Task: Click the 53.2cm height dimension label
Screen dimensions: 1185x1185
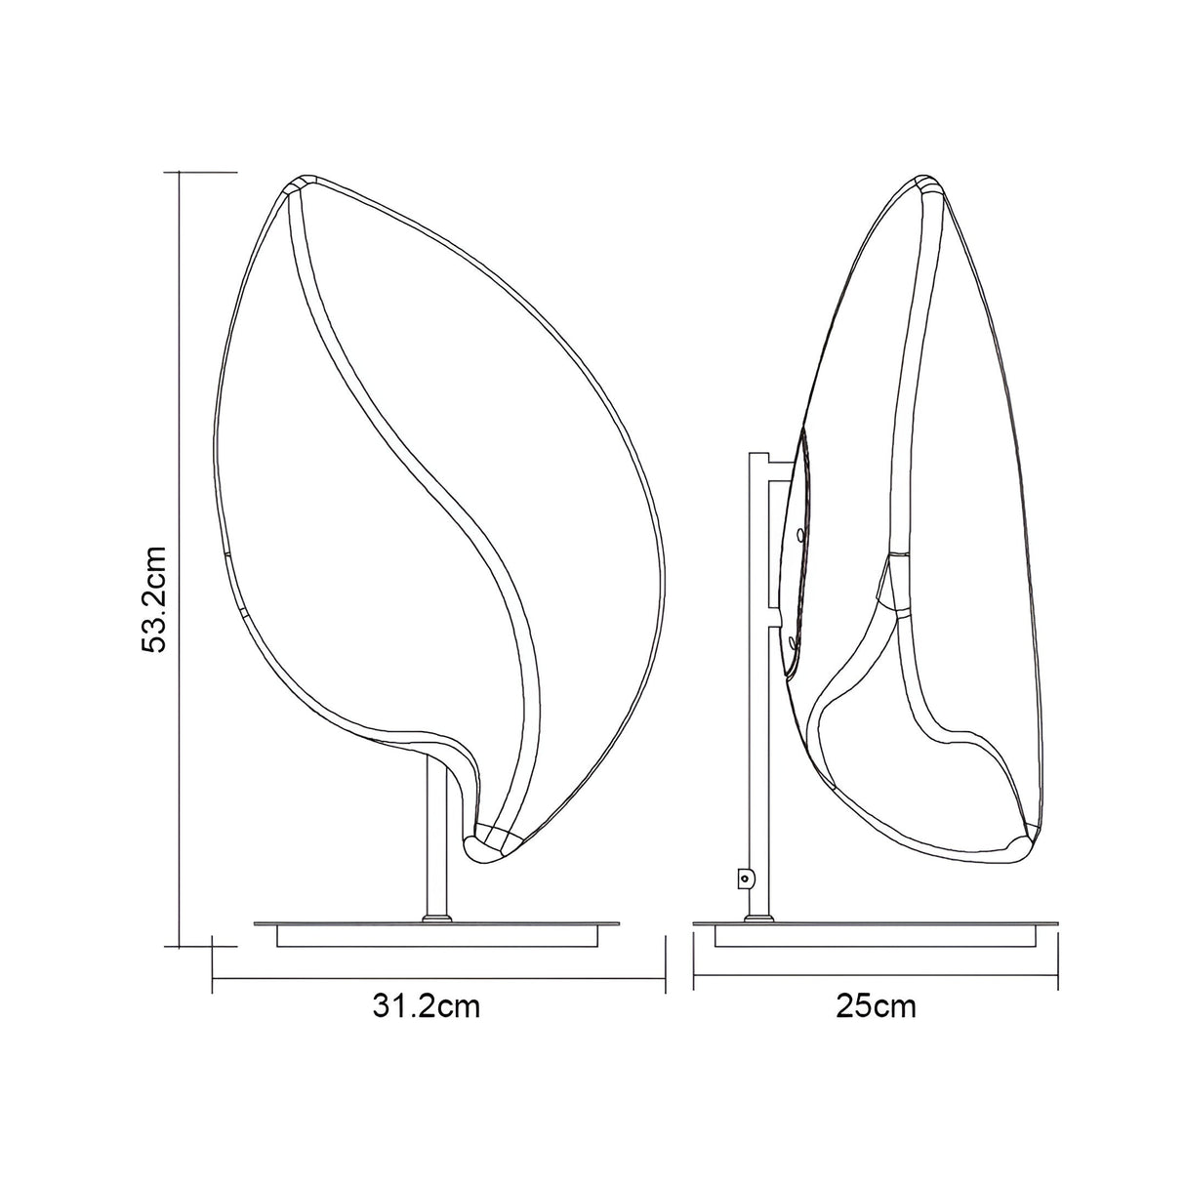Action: coord(155,597)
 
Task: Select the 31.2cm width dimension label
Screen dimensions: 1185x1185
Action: coord(427,1006)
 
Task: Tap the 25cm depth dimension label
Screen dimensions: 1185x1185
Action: coord(876,1006)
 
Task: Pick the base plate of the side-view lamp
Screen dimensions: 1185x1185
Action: coord(875,928)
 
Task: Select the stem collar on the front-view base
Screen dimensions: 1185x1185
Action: coord(436,917)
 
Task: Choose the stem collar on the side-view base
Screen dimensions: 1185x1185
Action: coord(758,917)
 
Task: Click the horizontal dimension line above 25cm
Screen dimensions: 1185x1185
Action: coord(876,977)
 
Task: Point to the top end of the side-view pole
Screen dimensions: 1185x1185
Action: coord(758,455)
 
